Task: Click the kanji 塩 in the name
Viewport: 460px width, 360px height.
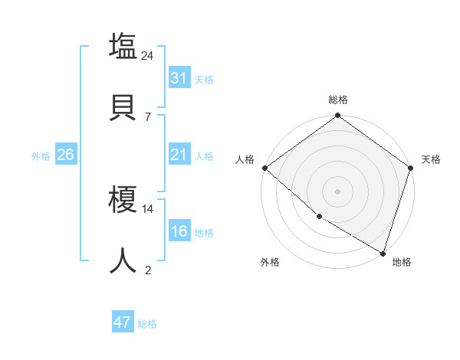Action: click(x=123, y=46)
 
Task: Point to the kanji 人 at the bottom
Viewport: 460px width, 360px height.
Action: click(x=123, y=260)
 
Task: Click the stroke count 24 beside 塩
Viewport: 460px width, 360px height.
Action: click(x=148, y=56)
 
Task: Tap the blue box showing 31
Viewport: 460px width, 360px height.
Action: click(x=179, y=78)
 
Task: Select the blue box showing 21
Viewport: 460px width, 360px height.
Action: click(x=179, y=155)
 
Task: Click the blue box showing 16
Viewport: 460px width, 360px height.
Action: click(x=179, y=231)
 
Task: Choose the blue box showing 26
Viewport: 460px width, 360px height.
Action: click(x=65, y=155)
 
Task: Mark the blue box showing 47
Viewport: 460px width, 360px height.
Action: click(x=122, y=322)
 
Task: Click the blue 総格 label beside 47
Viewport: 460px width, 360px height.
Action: click(x=147, y=324)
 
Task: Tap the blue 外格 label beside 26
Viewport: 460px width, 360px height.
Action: click(x=41, y=155)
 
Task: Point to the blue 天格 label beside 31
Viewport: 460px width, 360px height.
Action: click(x=204, y=79)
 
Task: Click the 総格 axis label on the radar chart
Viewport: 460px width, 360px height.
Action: click(x=338, y=100)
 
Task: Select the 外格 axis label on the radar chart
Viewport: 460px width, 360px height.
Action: click(x=270, y=262)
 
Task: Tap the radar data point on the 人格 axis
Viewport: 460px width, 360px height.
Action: click(x=264, y=168)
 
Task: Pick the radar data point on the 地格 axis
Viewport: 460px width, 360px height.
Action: click(x=383, y=253)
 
